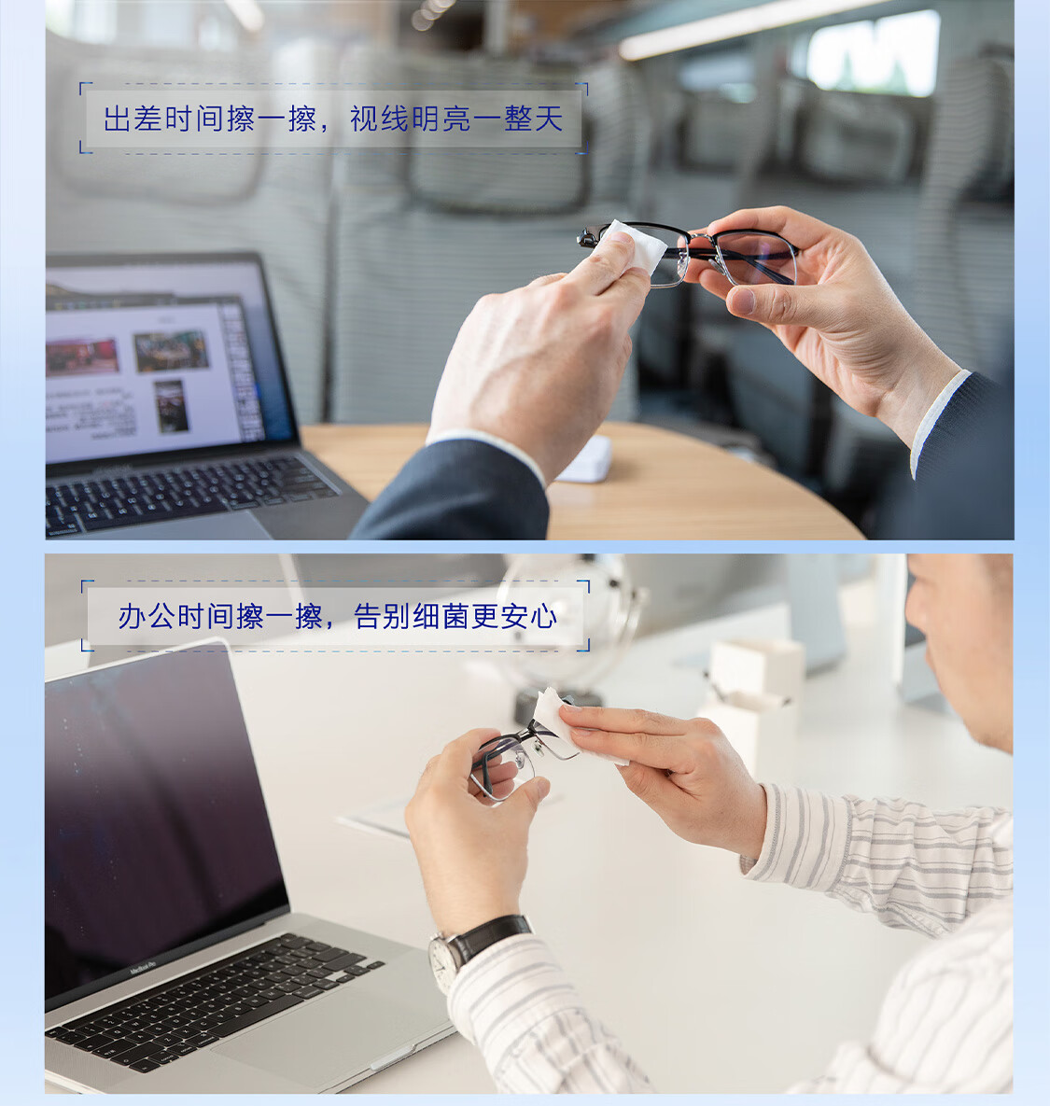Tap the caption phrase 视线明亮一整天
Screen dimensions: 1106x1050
pyautogui.click(x=456, y=119)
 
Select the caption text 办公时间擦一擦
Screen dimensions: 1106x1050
pyautogui.click(x=220, y=617)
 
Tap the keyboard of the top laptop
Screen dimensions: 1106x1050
pyautogui.click(x=187, y=492)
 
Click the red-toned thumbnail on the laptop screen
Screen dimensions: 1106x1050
pyautogui.click(x=82, y=357)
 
